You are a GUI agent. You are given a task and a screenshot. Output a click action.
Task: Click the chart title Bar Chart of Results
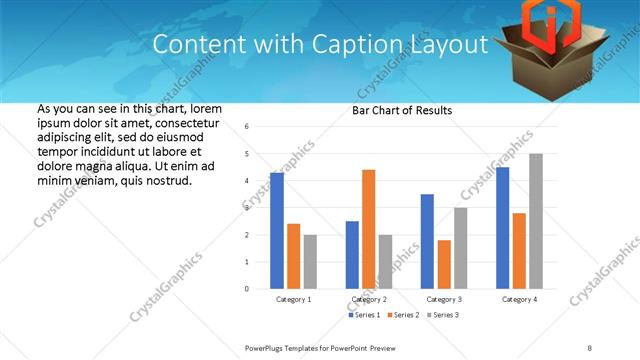click(401, 110)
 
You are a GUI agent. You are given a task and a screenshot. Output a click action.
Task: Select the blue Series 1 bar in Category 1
click(277, 230)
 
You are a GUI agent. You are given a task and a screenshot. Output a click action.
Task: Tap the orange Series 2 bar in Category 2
click(368, 229)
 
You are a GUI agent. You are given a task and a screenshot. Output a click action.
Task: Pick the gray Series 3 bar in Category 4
click(535, 221)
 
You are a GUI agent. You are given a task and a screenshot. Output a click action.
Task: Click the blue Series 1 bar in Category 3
click(427, 241)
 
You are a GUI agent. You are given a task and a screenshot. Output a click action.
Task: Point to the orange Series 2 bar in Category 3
click(444, 264)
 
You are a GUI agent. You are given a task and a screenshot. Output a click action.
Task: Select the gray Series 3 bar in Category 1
click(310, 261)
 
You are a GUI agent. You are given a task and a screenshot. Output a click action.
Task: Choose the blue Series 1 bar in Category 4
click(502, 227)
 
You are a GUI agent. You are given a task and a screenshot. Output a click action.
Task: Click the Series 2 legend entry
click(404, 315)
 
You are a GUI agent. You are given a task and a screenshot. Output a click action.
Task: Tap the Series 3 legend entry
click(442, 315)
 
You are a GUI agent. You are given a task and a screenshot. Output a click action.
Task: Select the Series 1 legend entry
click(365, 315)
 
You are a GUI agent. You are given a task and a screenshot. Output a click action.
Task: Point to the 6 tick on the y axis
click(247, 127)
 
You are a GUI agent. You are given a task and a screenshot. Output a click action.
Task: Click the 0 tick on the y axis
click(247, 289)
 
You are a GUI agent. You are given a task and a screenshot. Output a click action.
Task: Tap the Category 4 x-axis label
click(519, 299)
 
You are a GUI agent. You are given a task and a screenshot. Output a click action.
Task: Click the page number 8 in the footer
click(590, 347)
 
